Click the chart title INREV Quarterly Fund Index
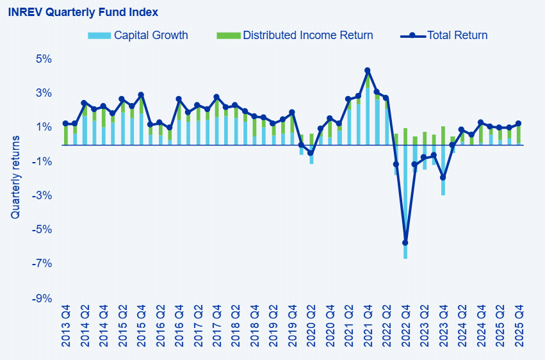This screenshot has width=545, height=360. (x=83, y=12)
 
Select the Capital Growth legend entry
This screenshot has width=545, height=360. (x=150, y=35)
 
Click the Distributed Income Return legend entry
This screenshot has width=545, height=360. (x=307, y=35)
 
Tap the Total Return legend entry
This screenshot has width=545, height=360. (x=457, y=35)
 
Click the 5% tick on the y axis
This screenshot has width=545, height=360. (x=43, y=59)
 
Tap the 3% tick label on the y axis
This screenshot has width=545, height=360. (x=43, y=93)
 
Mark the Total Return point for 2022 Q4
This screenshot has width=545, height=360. (x=405, y=243)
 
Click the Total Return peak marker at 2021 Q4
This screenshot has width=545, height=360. (x=368, y=70)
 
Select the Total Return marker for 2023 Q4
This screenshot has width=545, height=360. (x=443, y=177)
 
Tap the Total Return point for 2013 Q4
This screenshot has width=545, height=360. (x=65, y=124)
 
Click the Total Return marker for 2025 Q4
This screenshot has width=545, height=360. (x=519, y=124)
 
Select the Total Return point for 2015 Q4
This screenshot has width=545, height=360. (x=141, y=95)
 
